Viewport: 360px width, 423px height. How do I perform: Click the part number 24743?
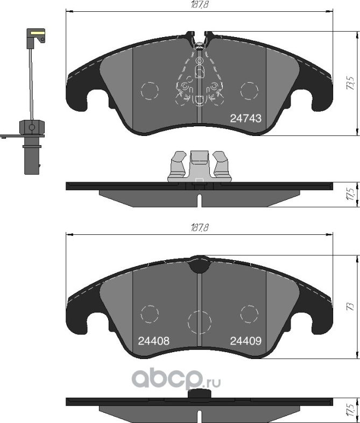245,119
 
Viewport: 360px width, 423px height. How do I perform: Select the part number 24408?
154,341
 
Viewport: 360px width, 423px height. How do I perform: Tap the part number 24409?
246,341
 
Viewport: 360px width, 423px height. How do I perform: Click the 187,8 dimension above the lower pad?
199,228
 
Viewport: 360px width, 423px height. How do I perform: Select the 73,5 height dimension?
350,83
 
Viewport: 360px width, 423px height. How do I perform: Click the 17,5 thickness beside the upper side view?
350,193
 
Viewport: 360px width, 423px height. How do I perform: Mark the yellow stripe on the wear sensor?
37,33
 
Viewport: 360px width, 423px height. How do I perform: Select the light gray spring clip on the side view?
199,166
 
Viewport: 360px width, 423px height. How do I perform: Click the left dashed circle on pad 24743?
149,90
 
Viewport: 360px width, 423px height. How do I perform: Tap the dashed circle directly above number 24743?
249,90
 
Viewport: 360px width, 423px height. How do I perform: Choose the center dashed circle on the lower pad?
199,321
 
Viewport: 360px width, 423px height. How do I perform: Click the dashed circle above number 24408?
149,314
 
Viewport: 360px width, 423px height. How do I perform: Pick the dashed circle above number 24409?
249,314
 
